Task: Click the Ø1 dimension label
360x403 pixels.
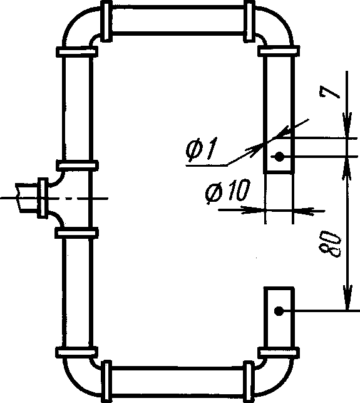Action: [x=202, y=150]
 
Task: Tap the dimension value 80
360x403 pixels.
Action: [x=330, y=244]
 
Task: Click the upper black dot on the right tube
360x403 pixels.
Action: [x=279, y=156]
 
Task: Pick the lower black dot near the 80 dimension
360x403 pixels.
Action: [x=279, y=311]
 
